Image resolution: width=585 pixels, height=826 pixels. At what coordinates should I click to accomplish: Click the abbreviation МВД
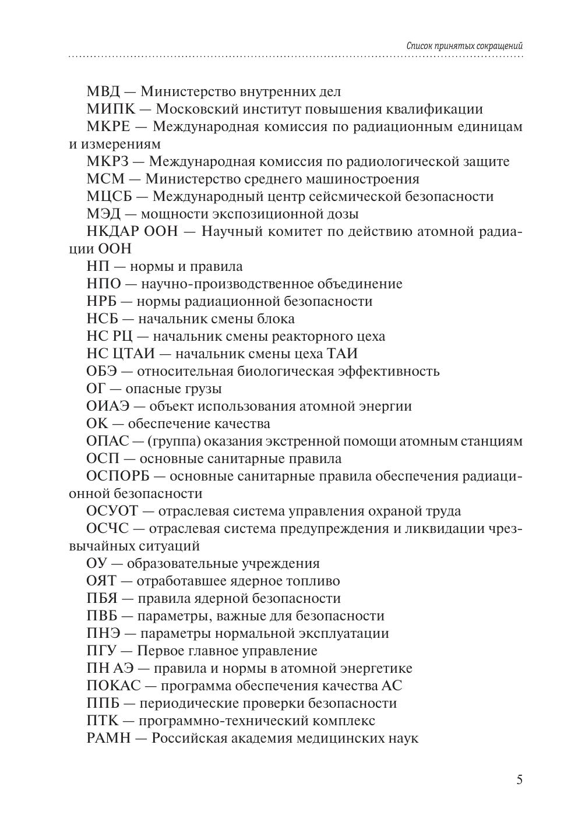pyautogui.click(x=103, y=91)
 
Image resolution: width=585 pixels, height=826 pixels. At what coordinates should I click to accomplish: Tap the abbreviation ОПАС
pyautogui.click(x=107, y=441)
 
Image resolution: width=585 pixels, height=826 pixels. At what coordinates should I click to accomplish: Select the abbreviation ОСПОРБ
pyautogui.click(x=118, y=476)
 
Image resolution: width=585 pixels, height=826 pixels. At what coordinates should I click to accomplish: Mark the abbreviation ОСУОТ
pyautogui.click(x=112, y=511)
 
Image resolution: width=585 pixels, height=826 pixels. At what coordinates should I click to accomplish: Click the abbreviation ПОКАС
pyautogui.click(x=113, y=686)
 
